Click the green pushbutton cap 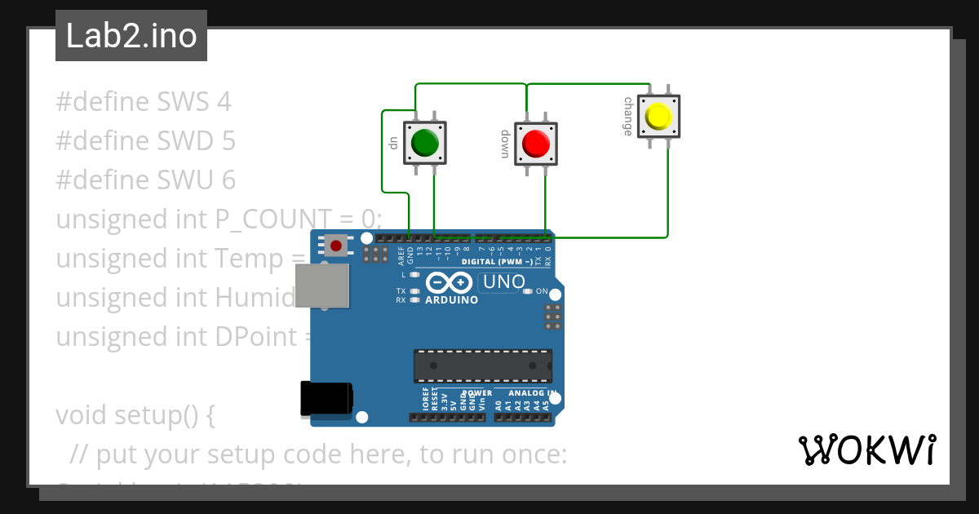click(424, 143)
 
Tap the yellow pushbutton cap click(658, 117)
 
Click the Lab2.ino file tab click(131, 36)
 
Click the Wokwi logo click(866, 450)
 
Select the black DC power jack click(326, 399)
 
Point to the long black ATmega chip click(482, 366)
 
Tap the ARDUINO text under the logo click(451, 299)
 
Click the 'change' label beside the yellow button click(628, 117)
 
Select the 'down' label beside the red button click(505, 144)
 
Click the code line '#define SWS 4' click(144, 102)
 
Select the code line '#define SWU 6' click(145, 180)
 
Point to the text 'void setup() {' click(135, 415)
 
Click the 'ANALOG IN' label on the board click(532, 393)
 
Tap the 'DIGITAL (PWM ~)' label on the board click(497, 262)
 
